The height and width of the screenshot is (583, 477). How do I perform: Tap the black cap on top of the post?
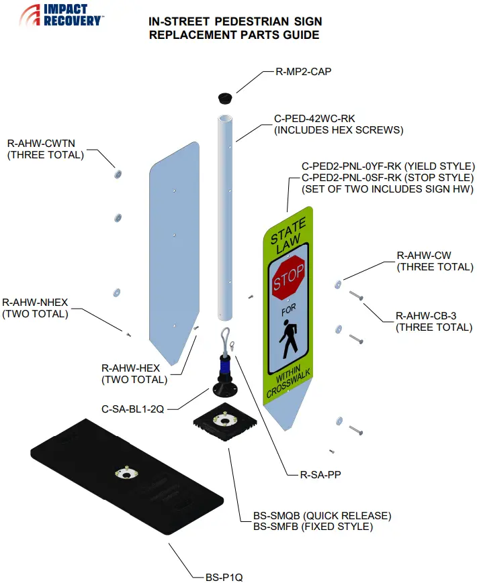(x=224, y=98)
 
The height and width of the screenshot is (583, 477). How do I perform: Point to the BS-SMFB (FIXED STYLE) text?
(x=312, y=527)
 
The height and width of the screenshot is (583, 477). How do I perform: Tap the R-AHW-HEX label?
(x=130, y=368)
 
